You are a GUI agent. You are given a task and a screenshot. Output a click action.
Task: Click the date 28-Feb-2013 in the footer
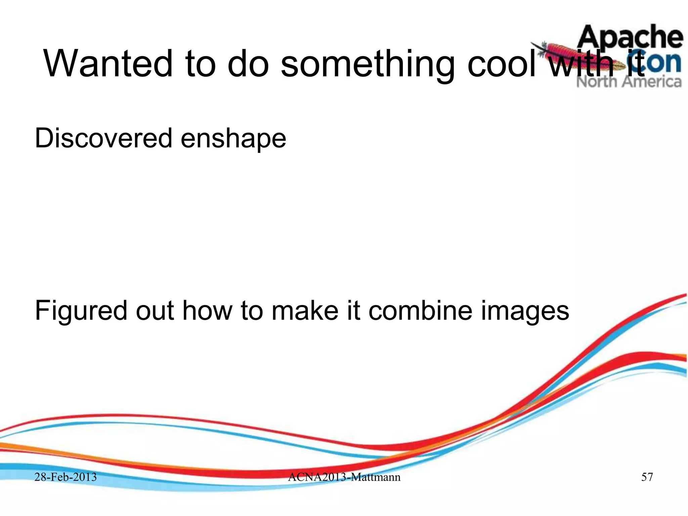pyautogui.click(x=66, y=477)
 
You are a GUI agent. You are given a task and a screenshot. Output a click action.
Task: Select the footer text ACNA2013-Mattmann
pyautogui.click(x=344, y=477)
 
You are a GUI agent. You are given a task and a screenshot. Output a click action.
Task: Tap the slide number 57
pyautogui.click(x=647, y=477)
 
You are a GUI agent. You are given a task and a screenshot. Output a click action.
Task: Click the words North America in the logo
pyautogui.click(x=629, y=82)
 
